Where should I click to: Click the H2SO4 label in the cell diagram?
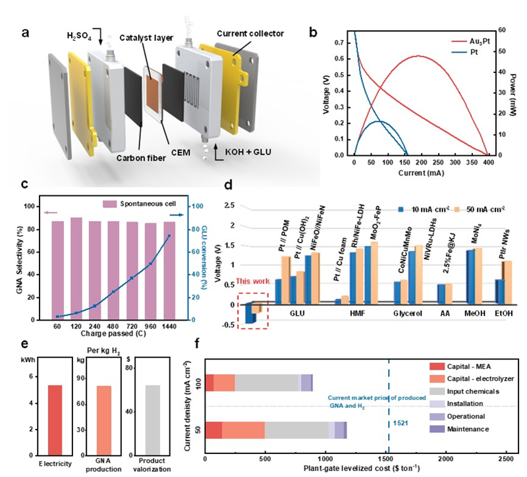(80, 34)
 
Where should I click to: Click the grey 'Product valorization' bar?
(153, 420)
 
